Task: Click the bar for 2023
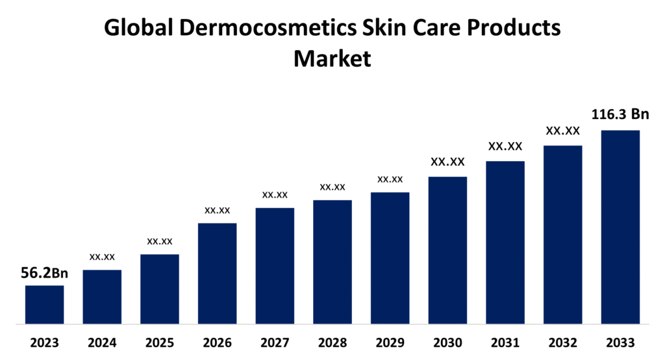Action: (x=45, y=304)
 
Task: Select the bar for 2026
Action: (x=217, y=273)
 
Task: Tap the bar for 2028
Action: (x=332, y=261)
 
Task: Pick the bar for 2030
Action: (x=447, y=250)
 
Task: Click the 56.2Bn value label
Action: (x=44, y=274)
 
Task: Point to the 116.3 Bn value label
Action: (x=620, y=115)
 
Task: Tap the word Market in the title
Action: (x=332, y=58)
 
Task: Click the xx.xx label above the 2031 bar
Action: (x=505, y=146)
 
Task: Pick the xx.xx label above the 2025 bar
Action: (x=160, y=241)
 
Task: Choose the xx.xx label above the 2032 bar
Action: (x=562, y=131)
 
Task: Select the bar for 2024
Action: (x=102, y=296)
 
